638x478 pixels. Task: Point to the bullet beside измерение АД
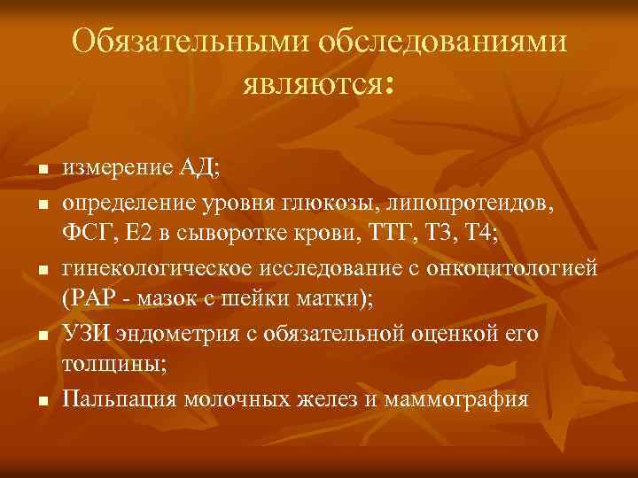tap(41, 170)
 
